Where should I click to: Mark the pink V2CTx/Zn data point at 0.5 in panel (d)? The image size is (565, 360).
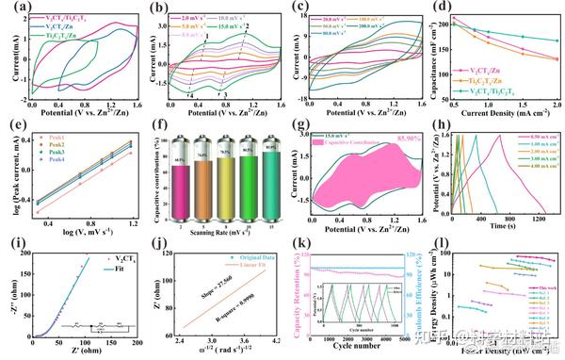pyautogui.click(x=455, y=17)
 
